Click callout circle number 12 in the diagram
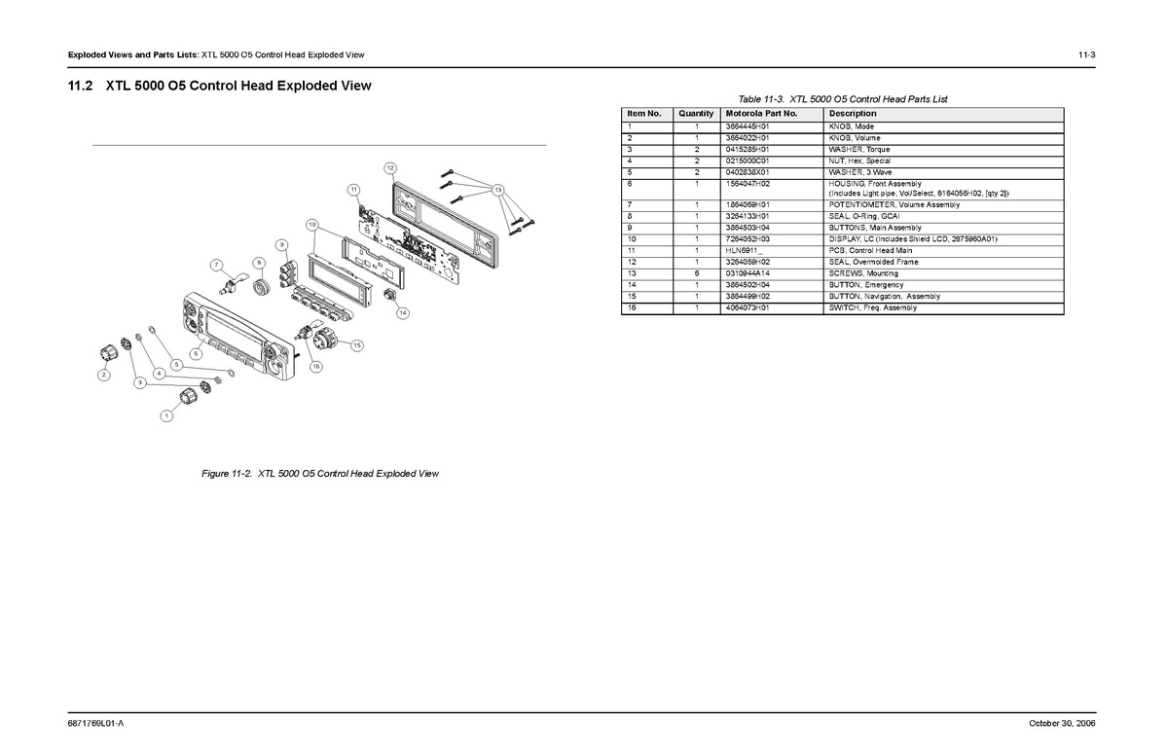pos(389,168)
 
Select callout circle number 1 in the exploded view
pos(166,416)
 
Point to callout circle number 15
pos(357,345)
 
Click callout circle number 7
pos(216,265)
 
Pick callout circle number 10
pos(311,225)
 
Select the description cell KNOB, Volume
pos(855,138)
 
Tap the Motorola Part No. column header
pos(761,114)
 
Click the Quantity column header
pos(696,114)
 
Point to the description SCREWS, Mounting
pos(863,273)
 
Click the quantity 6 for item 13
pos(697,273)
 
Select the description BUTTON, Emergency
pos(865,285)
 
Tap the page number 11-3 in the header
pos(1086,54)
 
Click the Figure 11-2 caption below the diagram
pos(320,474)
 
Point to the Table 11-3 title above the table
pos(842,99)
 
